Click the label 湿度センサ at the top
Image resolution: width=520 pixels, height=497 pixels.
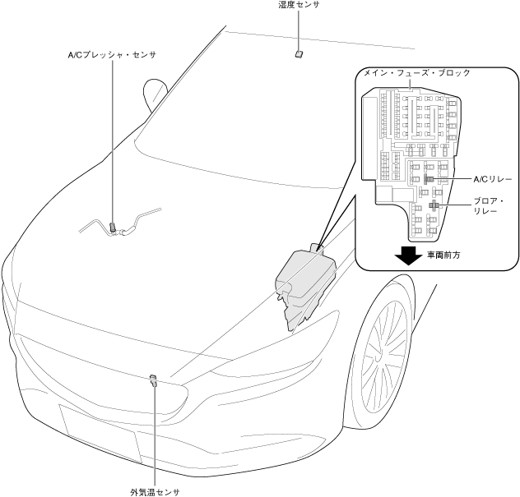299,6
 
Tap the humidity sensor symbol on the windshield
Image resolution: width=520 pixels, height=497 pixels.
299,53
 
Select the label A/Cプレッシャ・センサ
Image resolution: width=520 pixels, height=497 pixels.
111,55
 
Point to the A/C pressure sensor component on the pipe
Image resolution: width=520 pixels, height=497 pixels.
113,226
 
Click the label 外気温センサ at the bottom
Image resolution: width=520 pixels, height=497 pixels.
154,492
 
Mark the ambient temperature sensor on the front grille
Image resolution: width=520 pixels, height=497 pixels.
153,380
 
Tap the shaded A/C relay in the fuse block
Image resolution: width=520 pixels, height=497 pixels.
429,178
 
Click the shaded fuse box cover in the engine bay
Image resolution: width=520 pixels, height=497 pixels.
304,279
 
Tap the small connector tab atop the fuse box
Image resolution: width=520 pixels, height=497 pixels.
318,246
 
